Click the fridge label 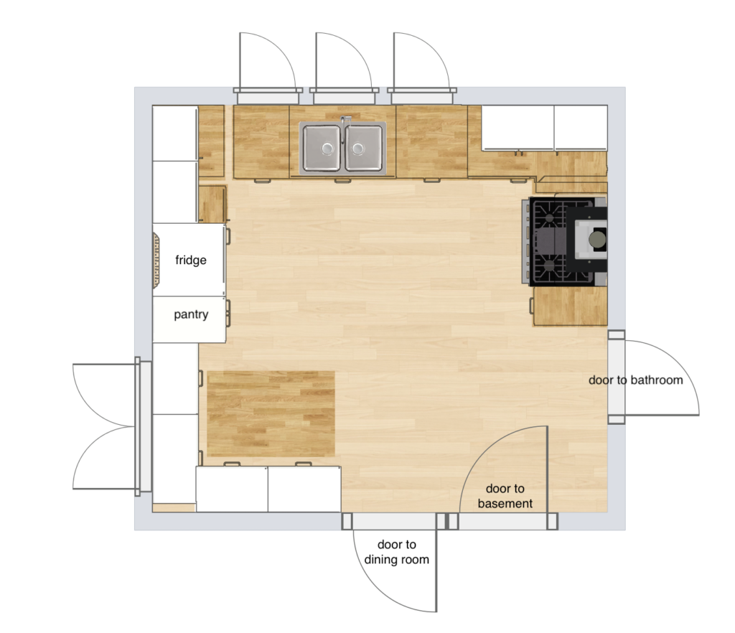tap(191, 260)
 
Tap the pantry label tap(191, 314)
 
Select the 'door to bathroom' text tap(635, 380)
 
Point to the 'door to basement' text tap(505, 496)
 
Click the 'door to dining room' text tap(396, 552)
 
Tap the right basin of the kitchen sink tap(364, 148)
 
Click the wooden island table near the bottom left tap(271, 413)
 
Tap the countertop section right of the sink tap(431, 141)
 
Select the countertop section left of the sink tap(261, 141)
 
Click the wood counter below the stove tap(571, 306)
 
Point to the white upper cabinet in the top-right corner tap(544, 128)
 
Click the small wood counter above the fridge tap(212, 204)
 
